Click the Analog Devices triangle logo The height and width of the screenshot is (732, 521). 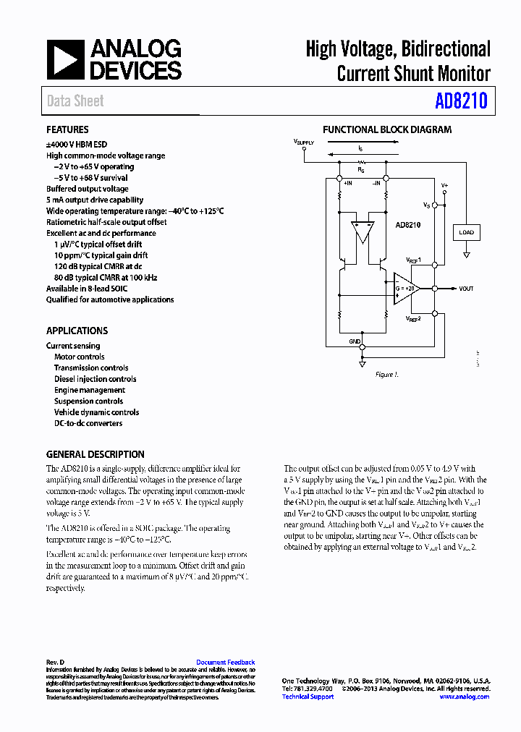click(x=65, y=60)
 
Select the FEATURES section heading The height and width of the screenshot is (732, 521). click(x=67, y=130)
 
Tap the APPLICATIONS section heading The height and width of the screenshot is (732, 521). click(x=77, y=331)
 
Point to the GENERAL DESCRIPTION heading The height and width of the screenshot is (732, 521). click(x=95, y=454)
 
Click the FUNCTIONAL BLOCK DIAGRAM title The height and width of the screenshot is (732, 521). click(x=386, y=130)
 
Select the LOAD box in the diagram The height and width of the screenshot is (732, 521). click(x=466, y=232)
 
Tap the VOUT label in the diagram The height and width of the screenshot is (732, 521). click(x=466, y=289)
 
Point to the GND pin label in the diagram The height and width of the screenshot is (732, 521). click(x=355, y=341)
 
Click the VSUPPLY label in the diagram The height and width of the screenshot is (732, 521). click(x=304, y=142)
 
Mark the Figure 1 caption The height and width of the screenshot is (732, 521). click(x=386, y=375)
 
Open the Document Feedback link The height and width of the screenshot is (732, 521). click(x=225, y=662)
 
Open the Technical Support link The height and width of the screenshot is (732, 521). click(x=308, y=697)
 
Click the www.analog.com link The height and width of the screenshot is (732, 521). click(x=463, y=697)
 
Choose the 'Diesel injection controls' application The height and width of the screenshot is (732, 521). click(x=95, y=379)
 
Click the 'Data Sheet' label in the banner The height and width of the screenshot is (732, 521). click(x=75, y=101)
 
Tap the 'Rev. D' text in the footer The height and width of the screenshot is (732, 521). click(x=56, y=662)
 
